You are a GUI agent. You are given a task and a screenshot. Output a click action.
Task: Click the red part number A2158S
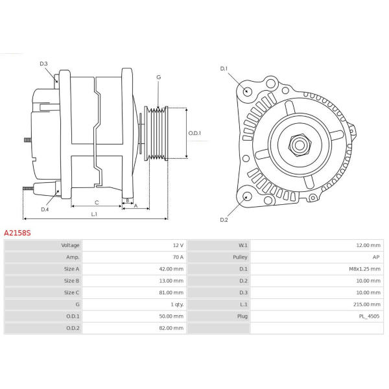(x=18, y=233)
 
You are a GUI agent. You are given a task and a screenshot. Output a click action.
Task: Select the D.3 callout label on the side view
(x=43, y=64)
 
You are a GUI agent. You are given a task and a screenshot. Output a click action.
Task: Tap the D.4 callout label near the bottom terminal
(x=45, y=209)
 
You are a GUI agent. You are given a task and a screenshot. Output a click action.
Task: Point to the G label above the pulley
(x=159, y=77)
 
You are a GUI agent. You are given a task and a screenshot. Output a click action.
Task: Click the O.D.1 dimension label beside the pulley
(x=194, y=133)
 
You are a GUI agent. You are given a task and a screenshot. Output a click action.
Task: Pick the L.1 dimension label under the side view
(x=94, y=214)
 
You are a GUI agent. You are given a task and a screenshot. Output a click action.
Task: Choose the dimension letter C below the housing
(x=97, y=202)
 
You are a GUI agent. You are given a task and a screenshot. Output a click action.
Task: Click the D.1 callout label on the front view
(x=224, y=69)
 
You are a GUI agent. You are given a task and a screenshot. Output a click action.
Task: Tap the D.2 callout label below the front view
(x=224, y=220)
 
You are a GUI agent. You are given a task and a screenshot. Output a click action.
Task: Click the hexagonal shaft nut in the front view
(x=300, y=145)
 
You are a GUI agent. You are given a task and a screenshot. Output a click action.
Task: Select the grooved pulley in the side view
(x=156, y=133)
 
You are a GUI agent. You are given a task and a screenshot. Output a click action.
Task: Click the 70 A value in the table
(x=178, y=257)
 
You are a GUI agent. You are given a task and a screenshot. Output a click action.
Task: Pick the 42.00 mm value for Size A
(x=171, y=269)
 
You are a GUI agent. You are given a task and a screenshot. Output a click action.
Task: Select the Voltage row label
(x=70, y=245)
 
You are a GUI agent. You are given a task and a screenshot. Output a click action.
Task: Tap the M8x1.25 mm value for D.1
(x=364, y=269)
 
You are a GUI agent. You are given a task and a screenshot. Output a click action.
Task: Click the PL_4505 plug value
(x=369, y=316)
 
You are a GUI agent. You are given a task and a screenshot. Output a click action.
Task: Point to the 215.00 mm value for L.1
(x=367, y=305)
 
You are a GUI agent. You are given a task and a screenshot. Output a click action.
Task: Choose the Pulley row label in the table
(x=240, y=257)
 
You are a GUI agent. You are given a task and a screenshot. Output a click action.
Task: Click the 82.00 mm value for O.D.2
(x=171, y=328)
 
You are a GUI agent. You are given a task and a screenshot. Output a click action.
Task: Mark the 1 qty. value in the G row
(x=177, y=305)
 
